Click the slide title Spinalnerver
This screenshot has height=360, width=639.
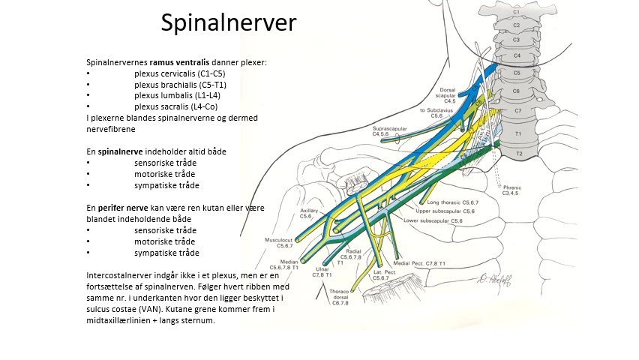[x=229, y=23]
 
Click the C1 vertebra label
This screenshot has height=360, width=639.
[x=515, y=10]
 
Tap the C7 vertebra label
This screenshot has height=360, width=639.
[x=516, y=111]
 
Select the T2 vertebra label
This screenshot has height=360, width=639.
[x=518, y=154]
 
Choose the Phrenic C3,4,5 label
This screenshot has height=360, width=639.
[x=533, y=190]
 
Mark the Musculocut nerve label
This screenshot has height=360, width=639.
[x=278, y=242]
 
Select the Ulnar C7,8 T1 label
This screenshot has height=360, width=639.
[x=322, y=271]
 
